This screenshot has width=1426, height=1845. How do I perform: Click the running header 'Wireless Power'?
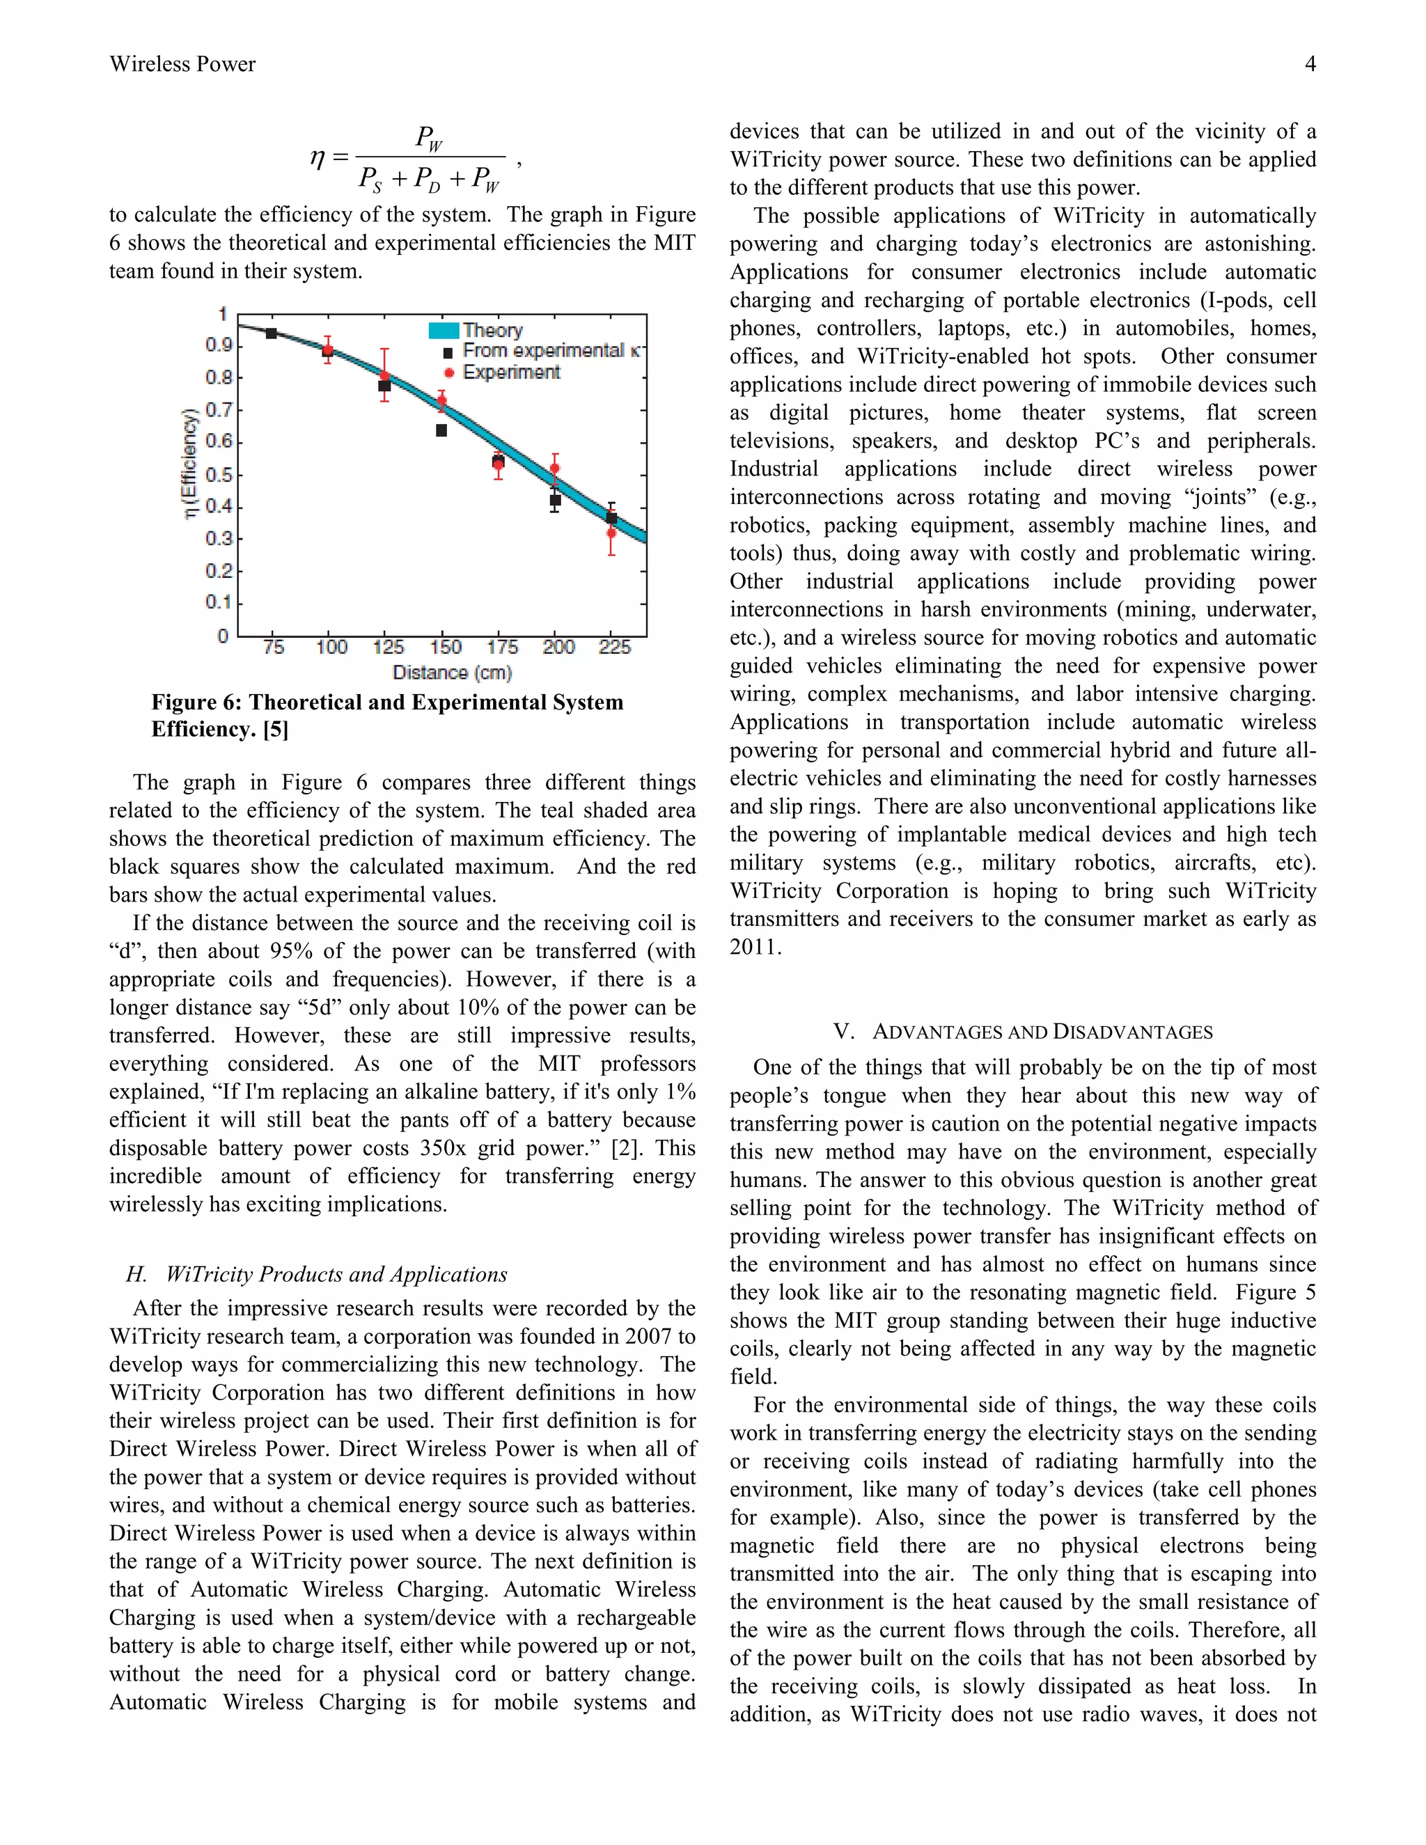pos(182,64)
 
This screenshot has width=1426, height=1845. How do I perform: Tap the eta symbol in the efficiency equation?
pos(318,158)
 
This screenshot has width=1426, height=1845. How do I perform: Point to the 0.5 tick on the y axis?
pos(219,475)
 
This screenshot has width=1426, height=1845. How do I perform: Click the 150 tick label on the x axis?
pos(445,647)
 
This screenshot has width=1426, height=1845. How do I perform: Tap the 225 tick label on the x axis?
pos(614,647)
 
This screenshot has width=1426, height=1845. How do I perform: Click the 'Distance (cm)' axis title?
pos(452,673)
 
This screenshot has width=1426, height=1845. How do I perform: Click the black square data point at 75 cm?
pos(271,333)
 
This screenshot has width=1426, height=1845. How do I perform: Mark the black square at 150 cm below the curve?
pos(441,431)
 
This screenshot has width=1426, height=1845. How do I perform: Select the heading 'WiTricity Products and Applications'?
pos(336,1274)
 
